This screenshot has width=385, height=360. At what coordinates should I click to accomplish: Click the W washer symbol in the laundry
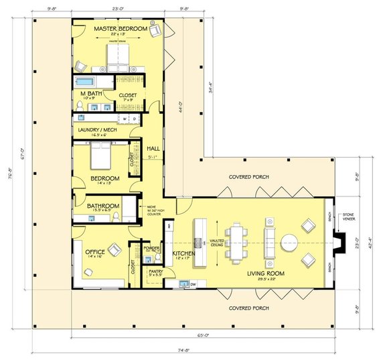125,119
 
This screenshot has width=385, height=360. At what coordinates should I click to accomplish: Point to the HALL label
153,146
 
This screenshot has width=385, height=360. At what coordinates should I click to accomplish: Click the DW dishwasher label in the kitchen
193,284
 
